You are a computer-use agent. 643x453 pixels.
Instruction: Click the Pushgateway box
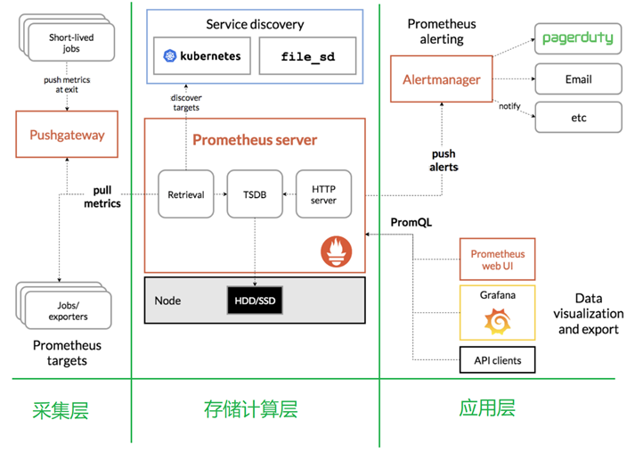coord(67,136)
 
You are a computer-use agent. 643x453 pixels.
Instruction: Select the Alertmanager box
coord(443,79)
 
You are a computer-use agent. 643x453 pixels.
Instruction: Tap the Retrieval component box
coord(186,194)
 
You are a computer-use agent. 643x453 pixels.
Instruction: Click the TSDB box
coord(256,194)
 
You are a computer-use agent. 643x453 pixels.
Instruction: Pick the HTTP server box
coord(323,194)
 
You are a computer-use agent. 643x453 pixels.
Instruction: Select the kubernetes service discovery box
coord(203,55)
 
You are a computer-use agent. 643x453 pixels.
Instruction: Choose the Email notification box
coord(579,79)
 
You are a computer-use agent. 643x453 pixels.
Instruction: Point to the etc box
coord(579,118)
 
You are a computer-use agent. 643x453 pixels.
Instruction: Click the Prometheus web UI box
coord(497,259)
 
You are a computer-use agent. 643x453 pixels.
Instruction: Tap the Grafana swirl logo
coord(497,322)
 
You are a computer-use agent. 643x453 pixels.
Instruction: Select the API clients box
coord(497,360)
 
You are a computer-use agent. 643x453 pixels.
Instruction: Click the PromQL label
coord(411,222)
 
